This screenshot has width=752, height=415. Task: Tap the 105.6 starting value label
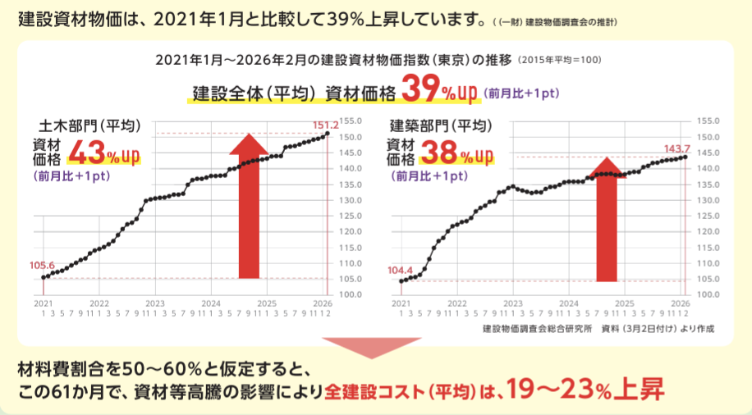point(42,265)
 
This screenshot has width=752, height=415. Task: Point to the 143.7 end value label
point(676,148)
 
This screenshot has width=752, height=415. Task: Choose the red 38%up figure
point(456,153)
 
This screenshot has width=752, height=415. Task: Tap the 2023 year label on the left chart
point(155,303)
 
